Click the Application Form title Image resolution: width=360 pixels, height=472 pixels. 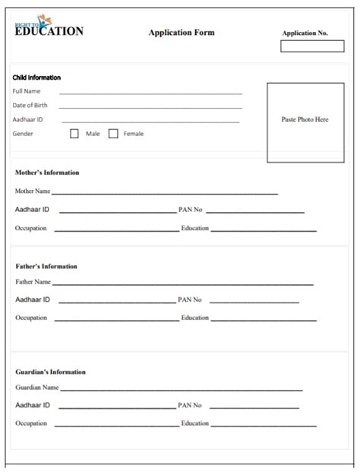(x=182, y=33)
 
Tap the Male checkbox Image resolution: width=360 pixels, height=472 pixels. (x=74, y=134)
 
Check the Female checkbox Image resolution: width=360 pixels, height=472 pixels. (x=113, y=134)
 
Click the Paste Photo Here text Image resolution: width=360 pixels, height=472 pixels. (x=305, y=120)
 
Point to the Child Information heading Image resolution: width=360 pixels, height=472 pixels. (x=36, y=78)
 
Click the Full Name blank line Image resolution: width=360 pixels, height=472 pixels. (x=151, y=93)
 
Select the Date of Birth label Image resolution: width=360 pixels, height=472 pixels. (x=30, y=105)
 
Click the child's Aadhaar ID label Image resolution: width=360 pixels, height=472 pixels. (x=28, y=119)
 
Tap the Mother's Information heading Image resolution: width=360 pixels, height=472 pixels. (x=47, y=173)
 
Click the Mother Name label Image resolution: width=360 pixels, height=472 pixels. (x=33, y=192)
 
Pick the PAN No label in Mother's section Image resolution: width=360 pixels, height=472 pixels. (x=190, y=209)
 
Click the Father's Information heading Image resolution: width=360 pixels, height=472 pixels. (x=46, y=267)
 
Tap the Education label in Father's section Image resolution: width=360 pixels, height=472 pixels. (x=194, y=318)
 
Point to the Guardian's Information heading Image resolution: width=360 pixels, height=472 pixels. (x=50, y=372)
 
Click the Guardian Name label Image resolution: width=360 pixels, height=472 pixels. (x=37, y=388)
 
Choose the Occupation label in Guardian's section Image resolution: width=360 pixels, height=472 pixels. (x=31, y=423)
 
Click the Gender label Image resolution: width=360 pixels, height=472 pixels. (x=23, y=134)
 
